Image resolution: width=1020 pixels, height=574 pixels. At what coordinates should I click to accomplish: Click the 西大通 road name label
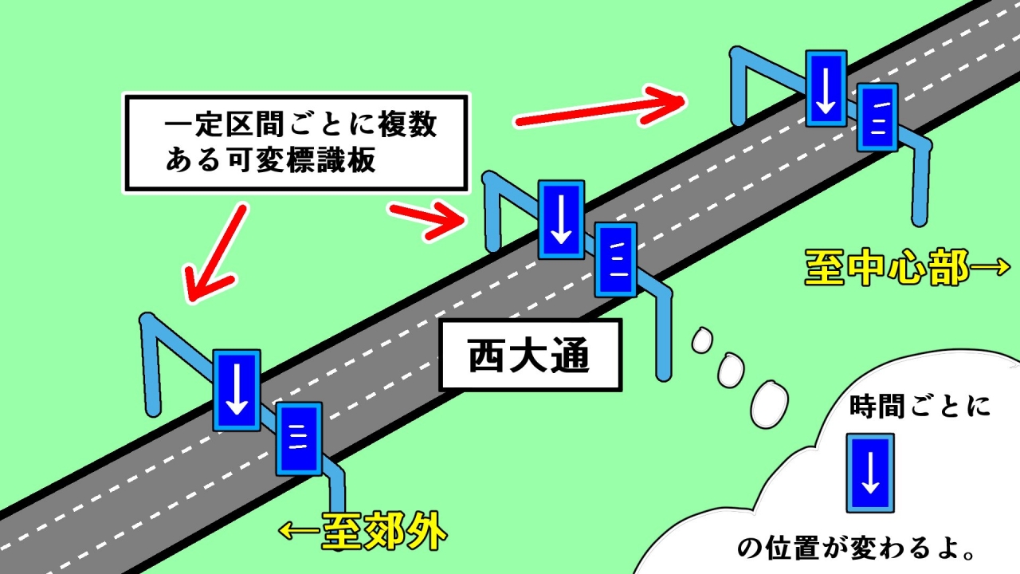[531, 356]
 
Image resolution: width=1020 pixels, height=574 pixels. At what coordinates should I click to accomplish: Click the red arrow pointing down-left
[214, 254]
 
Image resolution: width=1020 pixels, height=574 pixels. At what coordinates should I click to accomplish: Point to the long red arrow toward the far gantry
[600, 108]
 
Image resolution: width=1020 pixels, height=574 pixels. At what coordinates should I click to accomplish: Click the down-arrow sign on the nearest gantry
[237, 391]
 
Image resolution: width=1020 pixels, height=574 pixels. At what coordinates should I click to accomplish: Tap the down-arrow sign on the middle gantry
[561, 219]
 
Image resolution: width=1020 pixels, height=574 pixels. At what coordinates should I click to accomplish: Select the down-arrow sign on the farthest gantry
[826, 88]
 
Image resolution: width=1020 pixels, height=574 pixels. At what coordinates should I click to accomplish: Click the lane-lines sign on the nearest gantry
[299, 438]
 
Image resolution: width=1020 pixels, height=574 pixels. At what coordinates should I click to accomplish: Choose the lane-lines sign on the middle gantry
[616, 260]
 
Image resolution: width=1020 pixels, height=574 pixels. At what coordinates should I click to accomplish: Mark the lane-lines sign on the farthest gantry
[877, 117]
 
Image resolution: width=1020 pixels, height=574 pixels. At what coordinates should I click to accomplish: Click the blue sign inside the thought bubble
[870, 473]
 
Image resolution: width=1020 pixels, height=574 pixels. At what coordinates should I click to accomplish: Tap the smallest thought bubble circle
[702, 340]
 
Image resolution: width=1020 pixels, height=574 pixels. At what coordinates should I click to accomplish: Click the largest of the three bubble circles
[769, 404]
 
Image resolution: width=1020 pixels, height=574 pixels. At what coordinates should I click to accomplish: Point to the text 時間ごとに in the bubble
[920, 407]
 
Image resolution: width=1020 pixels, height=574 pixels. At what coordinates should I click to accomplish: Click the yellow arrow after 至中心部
[990, 267]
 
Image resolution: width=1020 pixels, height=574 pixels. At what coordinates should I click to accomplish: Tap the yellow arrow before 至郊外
[300, 531]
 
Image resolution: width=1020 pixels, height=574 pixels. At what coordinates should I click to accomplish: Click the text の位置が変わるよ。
[855, 548]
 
